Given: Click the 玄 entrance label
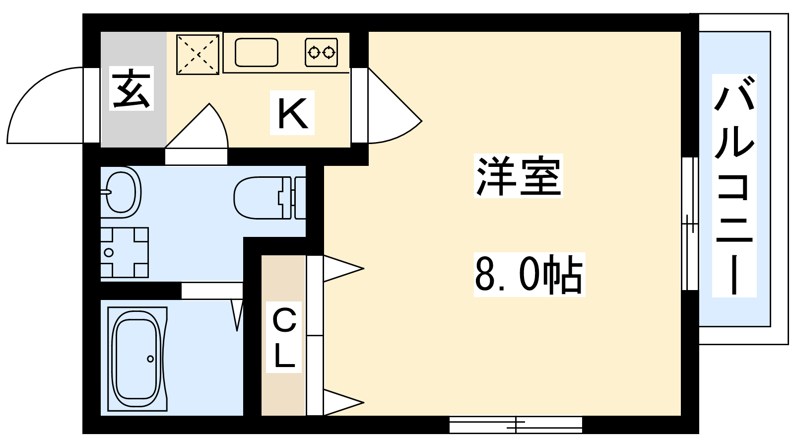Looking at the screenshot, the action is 131,88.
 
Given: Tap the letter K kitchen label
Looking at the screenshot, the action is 292,113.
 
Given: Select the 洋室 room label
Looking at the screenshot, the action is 518,176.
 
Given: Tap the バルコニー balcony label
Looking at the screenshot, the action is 734,186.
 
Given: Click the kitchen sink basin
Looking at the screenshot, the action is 256,52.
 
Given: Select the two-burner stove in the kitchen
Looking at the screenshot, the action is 321,53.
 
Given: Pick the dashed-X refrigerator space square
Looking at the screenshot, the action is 198,54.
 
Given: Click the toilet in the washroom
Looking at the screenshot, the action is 269,198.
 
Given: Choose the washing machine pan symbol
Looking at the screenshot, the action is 124,252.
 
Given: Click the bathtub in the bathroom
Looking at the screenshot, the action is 137,359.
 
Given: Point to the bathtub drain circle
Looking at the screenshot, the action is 150,359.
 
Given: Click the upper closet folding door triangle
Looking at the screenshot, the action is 343,269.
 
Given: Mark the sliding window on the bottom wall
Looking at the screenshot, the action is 516,424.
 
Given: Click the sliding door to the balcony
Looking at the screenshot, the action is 690,223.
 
